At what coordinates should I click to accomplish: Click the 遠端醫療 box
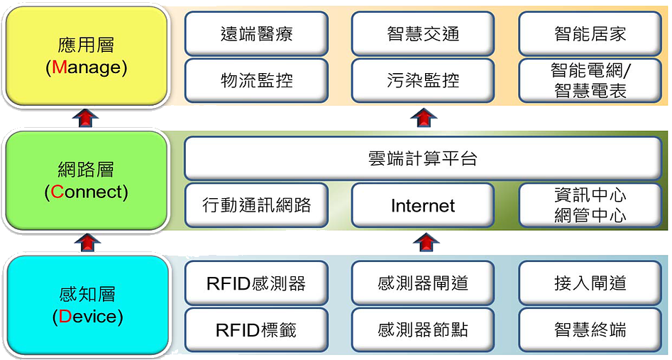(256, 33)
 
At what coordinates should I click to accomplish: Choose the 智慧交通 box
(423, 33)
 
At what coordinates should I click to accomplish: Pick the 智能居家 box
(590, 33)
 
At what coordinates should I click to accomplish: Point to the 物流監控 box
(256, 80)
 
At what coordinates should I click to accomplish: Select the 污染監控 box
(423, 80)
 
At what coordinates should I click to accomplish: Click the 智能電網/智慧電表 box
(590, 80)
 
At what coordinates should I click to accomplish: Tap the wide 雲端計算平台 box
(423, 158)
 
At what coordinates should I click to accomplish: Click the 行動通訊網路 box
(256, 206)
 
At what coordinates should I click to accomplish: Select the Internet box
(423, 206)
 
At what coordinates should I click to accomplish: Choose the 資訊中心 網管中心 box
(590, 206)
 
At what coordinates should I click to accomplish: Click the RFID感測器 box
(256, 283)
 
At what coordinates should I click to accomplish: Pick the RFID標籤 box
(256, 329)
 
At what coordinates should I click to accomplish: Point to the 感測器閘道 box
(423, 283)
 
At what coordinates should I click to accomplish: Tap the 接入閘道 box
(590, 283)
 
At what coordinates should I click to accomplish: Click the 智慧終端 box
(590, 329)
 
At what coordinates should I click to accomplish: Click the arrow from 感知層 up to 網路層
(87, 242)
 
